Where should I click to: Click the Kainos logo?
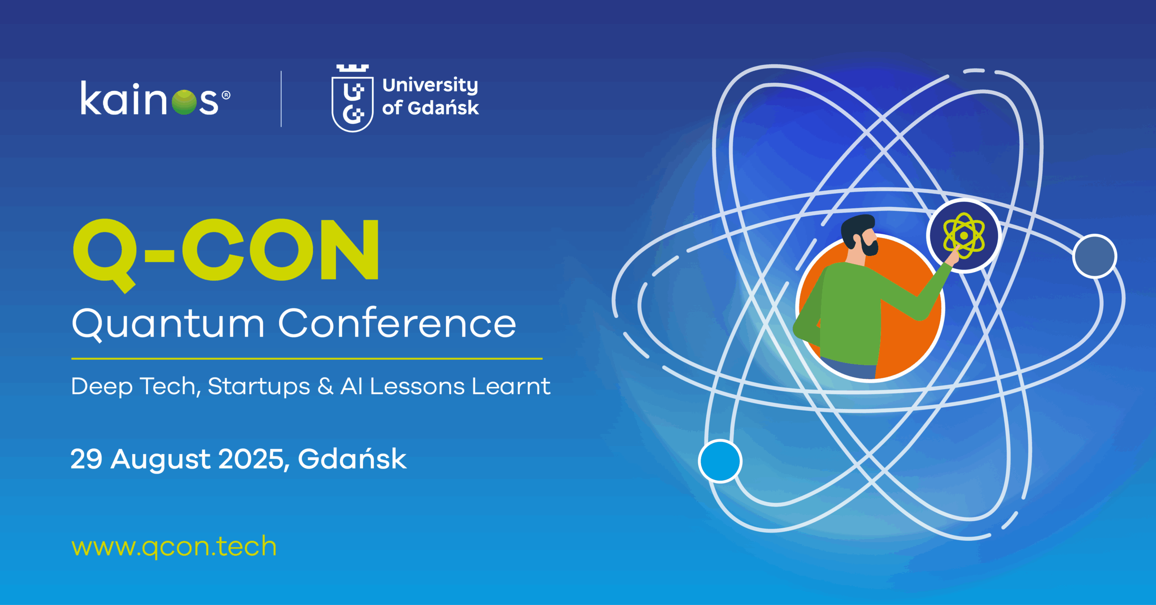(155, 98)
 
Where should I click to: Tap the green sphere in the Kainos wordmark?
(184, 102)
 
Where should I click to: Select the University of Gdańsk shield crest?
(353, 98)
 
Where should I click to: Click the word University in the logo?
(430, 85)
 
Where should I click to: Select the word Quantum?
(168, 323)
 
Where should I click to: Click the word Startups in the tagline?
(259, 387)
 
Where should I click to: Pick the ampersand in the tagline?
(325, 386)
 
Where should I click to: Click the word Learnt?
(511, 386)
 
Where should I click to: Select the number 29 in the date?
(87, 459)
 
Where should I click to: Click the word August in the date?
(161, 460)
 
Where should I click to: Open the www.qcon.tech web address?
(174, 547)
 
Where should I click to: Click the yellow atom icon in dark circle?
(964, 235)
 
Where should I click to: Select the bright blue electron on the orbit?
(720, 461)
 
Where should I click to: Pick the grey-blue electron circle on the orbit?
(1095, 256)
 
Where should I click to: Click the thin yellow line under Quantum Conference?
(307, 359)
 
